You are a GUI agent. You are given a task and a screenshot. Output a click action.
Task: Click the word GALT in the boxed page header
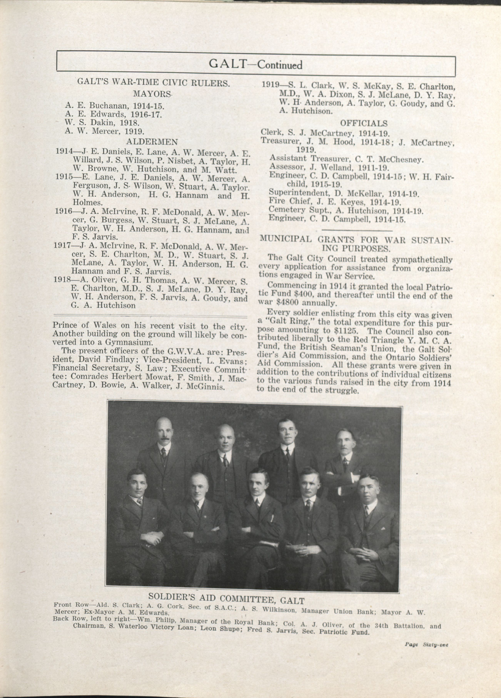point(227,64)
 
